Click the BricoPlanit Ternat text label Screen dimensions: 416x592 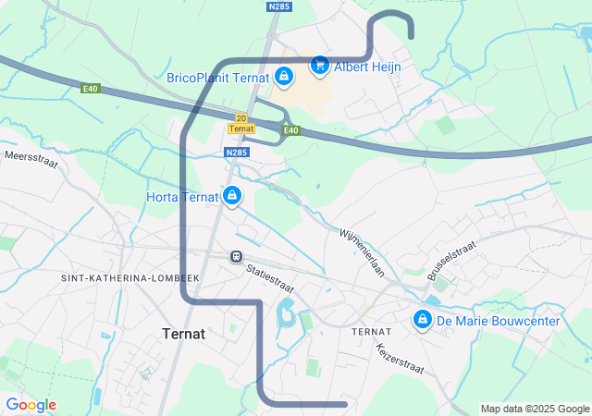(x=218, y=79)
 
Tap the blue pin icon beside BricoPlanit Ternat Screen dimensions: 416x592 (x=284, y=76)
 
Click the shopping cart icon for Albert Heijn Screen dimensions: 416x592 (x=319, y=65)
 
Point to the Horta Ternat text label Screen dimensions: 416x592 (x=181, y=197)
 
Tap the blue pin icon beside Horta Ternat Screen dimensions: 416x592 (x=231, y=196)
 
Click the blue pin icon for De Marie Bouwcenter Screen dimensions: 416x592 (x=423, y=319)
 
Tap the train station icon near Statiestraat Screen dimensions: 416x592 (x=237, y=255)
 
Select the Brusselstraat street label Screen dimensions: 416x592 (x=450, y=262)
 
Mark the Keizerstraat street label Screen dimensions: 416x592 (x=400, y=359)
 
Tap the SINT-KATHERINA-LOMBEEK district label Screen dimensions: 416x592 (x=117, y=278)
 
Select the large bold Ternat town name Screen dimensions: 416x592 (x=184, y=334)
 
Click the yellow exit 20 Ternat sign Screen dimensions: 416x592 (x=240, y=123)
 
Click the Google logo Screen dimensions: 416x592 (x=31, y=405)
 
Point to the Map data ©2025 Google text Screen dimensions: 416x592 (x=534, y=409)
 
